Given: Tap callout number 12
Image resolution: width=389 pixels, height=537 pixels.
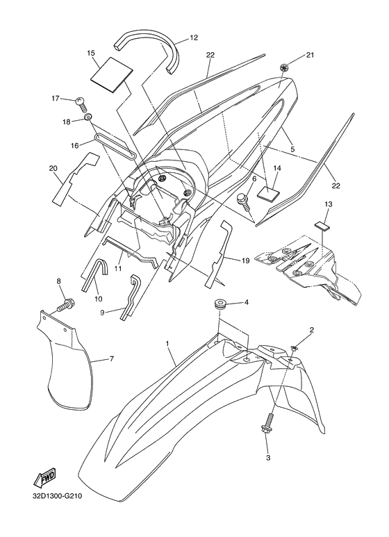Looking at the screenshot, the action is pos(194,38).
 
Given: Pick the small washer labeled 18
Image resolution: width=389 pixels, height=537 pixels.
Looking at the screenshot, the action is pos(88,117).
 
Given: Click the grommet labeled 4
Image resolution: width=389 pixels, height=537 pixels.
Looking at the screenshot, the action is pos(219,304).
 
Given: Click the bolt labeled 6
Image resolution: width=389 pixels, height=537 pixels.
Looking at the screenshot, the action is pos(244,202).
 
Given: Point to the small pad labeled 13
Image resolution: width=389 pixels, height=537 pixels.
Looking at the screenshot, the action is pos(321,226).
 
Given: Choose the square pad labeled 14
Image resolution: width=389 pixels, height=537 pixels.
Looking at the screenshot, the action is pos(267,193).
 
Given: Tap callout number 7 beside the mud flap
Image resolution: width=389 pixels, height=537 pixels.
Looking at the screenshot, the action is pos(112,359).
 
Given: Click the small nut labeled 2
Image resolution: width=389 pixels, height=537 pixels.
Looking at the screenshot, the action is pos(294,348).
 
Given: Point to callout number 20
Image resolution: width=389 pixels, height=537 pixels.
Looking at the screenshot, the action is pos(53,168).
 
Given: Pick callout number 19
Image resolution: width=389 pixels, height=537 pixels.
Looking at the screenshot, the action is pos(245,261).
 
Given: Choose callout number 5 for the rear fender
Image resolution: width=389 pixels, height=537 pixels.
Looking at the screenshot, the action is pos(292,149).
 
